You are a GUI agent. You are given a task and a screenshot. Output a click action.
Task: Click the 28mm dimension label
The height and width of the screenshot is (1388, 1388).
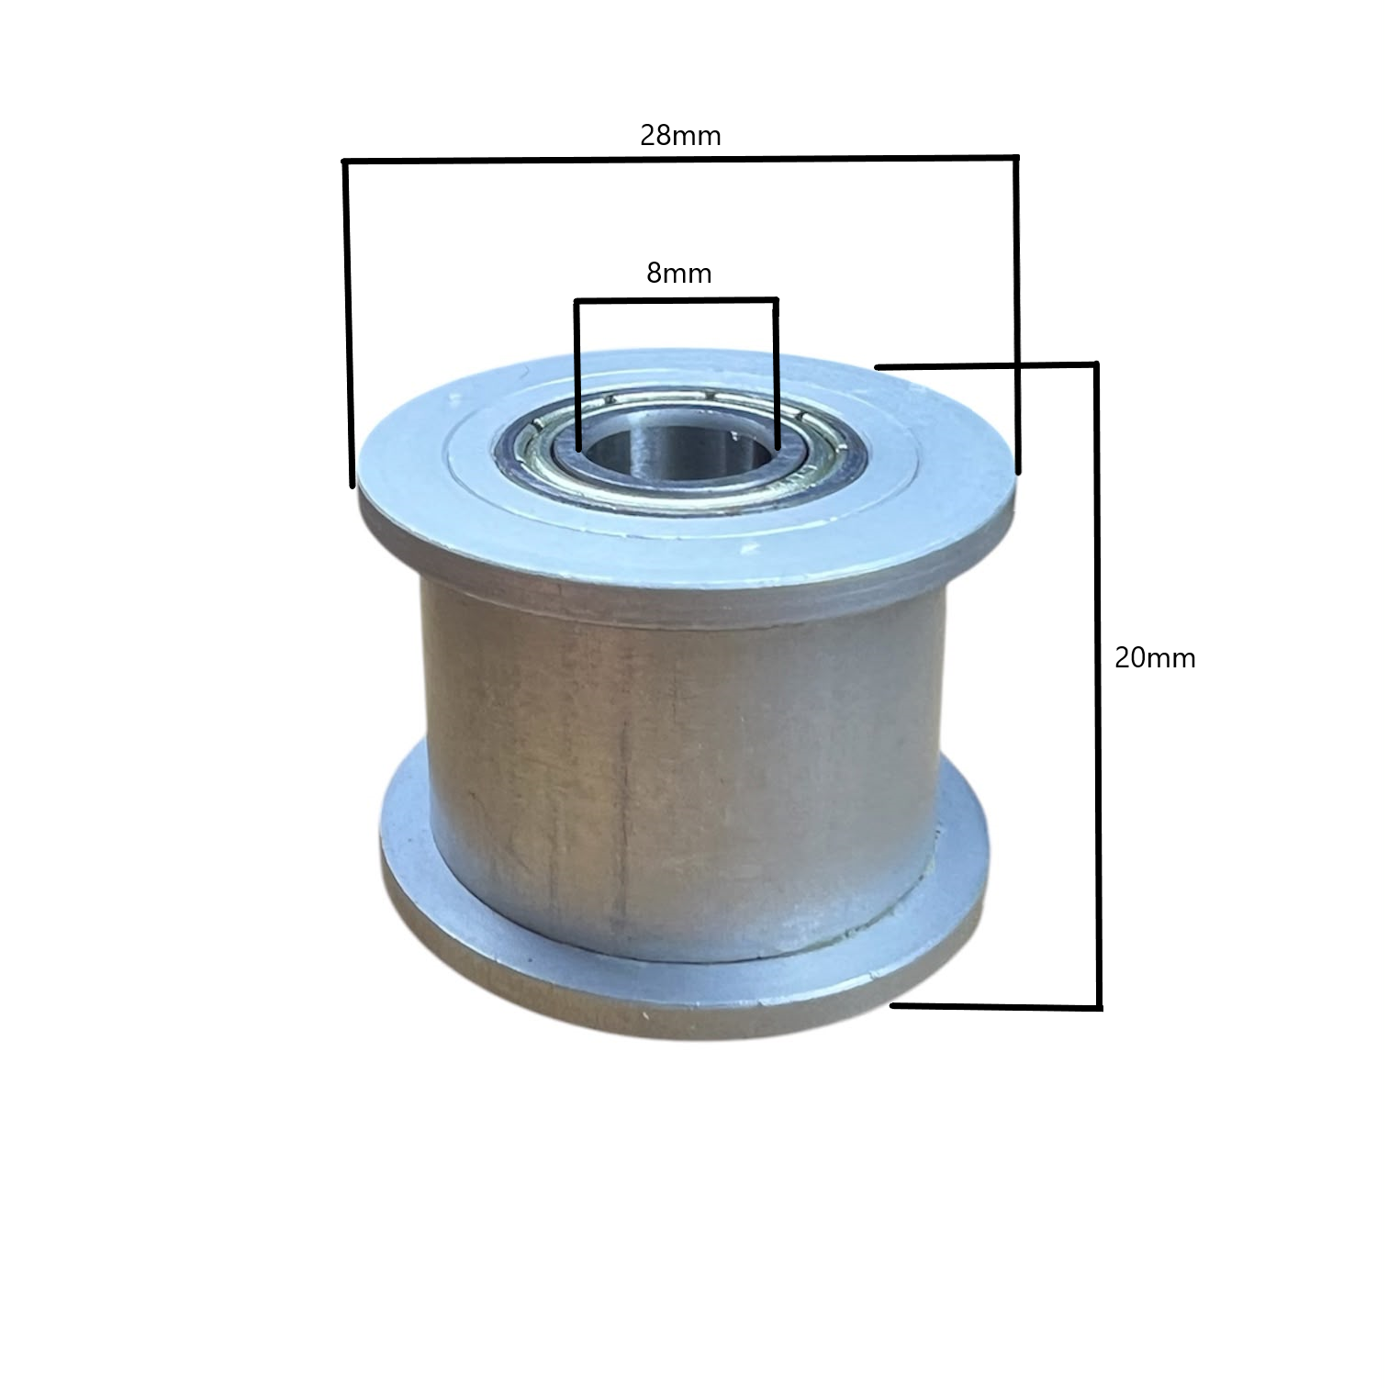point(680,136)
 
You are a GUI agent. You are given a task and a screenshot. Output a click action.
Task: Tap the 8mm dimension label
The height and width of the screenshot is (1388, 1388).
point(679,273)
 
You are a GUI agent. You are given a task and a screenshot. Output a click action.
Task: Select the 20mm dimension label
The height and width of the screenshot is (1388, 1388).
point(1155,657)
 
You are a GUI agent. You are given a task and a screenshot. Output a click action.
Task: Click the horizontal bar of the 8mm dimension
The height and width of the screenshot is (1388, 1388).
point(677,300)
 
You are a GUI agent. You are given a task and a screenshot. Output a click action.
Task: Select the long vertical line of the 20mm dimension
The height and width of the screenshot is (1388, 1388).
point(1096,686)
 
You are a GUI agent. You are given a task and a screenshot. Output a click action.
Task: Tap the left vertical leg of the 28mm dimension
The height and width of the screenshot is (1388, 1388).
point(348,323)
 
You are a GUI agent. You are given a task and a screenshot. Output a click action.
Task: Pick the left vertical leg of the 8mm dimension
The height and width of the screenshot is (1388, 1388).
point(576,375)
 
